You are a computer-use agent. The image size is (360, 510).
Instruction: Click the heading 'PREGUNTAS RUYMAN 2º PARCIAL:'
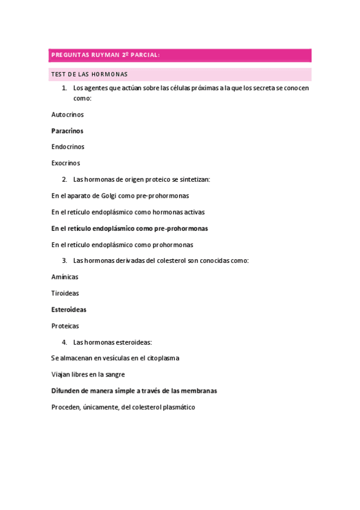point(105,55)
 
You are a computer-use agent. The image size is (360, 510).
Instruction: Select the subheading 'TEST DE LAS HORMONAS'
point(90,75)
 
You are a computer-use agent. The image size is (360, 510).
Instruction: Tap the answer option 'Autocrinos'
point(68,114)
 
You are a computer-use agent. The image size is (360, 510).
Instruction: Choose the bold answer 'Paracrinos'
point(67,131)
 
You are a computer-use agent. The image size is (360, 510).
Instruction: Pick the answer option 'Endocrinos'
point(68,147)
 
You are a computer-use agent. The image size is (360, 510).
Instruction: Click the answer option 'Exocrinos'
point(66,163)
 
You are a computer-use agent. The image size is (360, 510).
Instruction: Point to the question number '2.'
point(64,179)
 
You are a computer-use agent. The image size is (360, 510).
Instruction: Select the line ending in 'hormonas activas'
point(128,212)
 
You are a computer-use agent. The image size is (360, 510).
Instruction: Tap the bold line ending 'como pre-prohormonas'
point(130,229)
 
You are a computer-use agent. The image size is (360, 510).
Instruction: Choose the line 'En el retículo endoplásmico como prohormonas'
point(123,245)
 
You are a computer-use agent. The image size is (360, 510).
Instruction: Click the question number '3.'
point(64,260)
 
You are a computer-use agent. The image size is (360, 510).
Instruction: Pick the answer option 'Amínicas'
point(65,277)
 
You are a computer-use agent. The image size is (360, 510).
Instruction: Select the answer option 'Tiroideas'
point(66,293)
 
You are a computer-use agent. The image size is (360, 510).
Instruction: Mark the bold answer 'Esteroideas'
point(69,310)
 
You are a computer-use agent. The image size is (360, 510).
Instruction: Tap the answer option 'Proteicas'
point(66,326)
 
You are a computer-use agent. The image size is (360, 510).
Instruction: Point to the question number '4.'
point(64,342)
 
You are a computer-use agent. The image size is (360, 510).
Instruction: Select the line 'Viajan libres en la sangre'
point(88,375)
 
